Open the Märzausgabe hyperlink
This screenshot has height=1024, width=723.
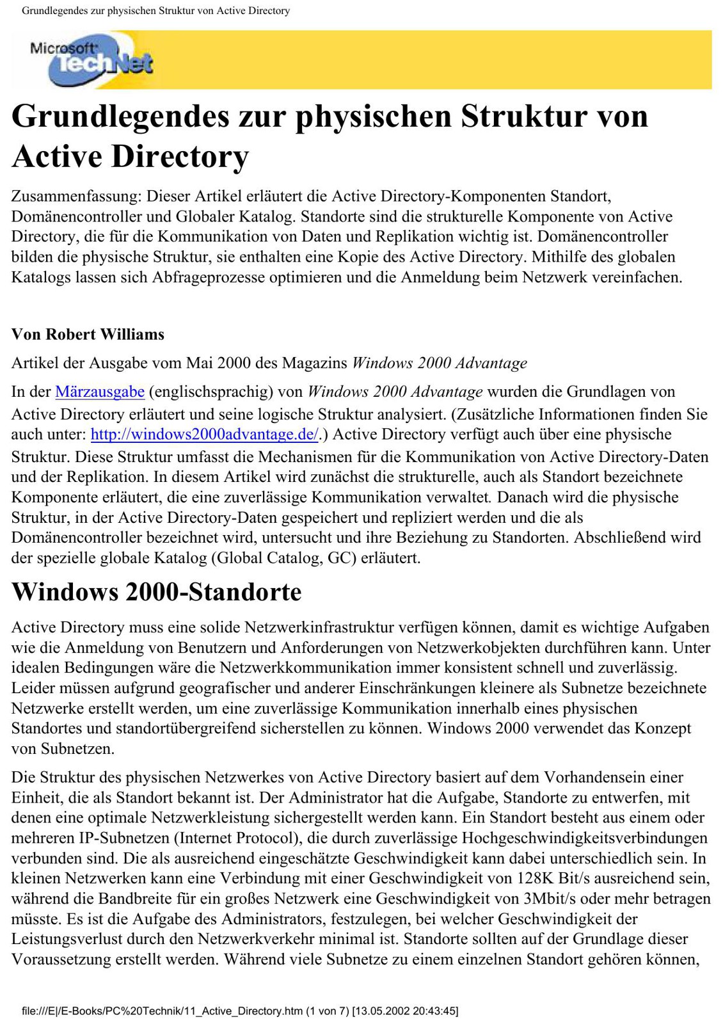(100, 392)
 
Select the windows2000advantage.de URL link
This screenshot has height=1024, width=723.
(204, 435)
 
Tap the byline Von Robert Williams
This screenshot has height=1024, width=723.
(88, 334)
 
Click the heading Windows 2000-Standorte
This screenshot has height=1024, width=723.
(156, 591)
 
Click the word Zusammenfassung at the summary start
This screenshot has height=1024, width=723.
(76, 196)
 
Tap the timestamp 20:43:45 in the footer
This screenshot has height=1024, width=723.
(435, 1011)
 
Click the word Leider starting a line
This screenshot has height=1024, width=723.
(31, 688)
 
